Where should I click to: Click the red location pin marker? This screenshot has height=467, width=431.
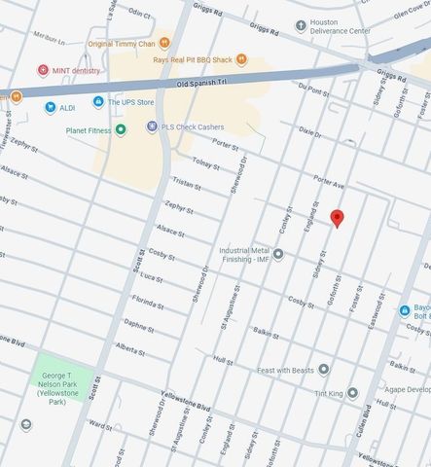[337, 218]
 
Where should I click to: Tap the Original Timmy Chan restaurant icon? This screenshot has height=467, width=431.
[164, 43]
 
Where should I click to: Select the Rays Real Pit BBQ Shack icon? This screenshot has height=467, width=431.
[241, 59]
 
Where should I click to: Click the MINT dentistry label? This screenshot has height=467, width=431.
[76, 70]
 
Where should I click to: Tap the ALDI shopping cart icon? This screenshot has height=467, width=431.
[50, 107]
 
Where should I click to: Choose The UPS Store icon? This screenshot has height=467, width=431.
[97, 101]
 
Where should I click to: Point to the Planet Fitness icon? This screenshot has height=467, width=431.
[120, 129]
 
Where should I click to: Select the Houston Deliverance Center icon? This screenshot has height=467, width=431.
[301, 25]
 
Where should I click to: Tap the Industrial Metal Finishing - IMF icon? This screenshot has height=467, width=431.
[278, 255]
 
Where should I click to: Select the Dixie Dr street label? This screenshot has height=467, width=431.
[309, 131]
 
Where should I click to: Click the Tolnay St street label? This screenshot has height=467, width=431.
[205, 162]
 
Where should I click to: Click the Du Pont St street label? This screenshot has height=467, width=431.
[310, 89]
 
